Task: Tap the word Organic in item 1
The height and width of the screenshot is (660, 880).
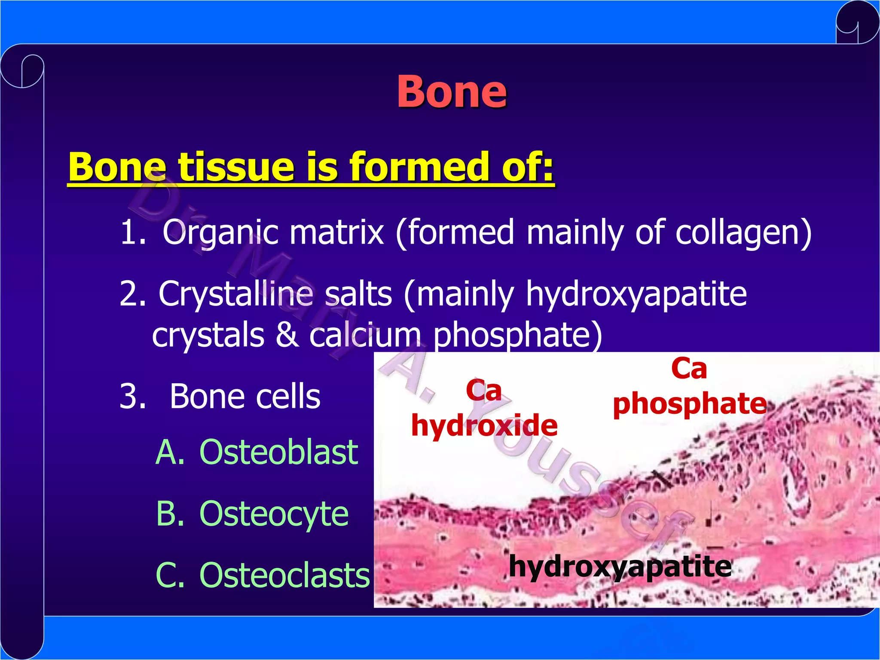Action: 221,232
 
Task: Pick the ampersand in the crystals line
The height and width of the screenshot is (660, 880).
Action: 287,335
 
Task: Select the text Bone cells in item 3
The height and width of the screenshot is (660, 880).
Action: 245,396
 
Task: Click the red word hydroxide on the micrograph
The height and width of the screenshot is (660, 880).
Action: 484,425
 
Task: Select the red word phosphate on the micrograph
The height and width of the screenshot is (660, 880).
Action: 690,404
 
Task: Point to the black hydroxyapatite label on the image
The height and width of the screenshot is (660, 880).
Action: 620,566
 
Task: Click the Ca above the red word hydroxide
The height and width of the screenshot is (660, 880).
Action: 484,391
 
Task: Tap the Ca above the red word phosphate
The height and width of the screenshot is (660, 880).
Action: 689,369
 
